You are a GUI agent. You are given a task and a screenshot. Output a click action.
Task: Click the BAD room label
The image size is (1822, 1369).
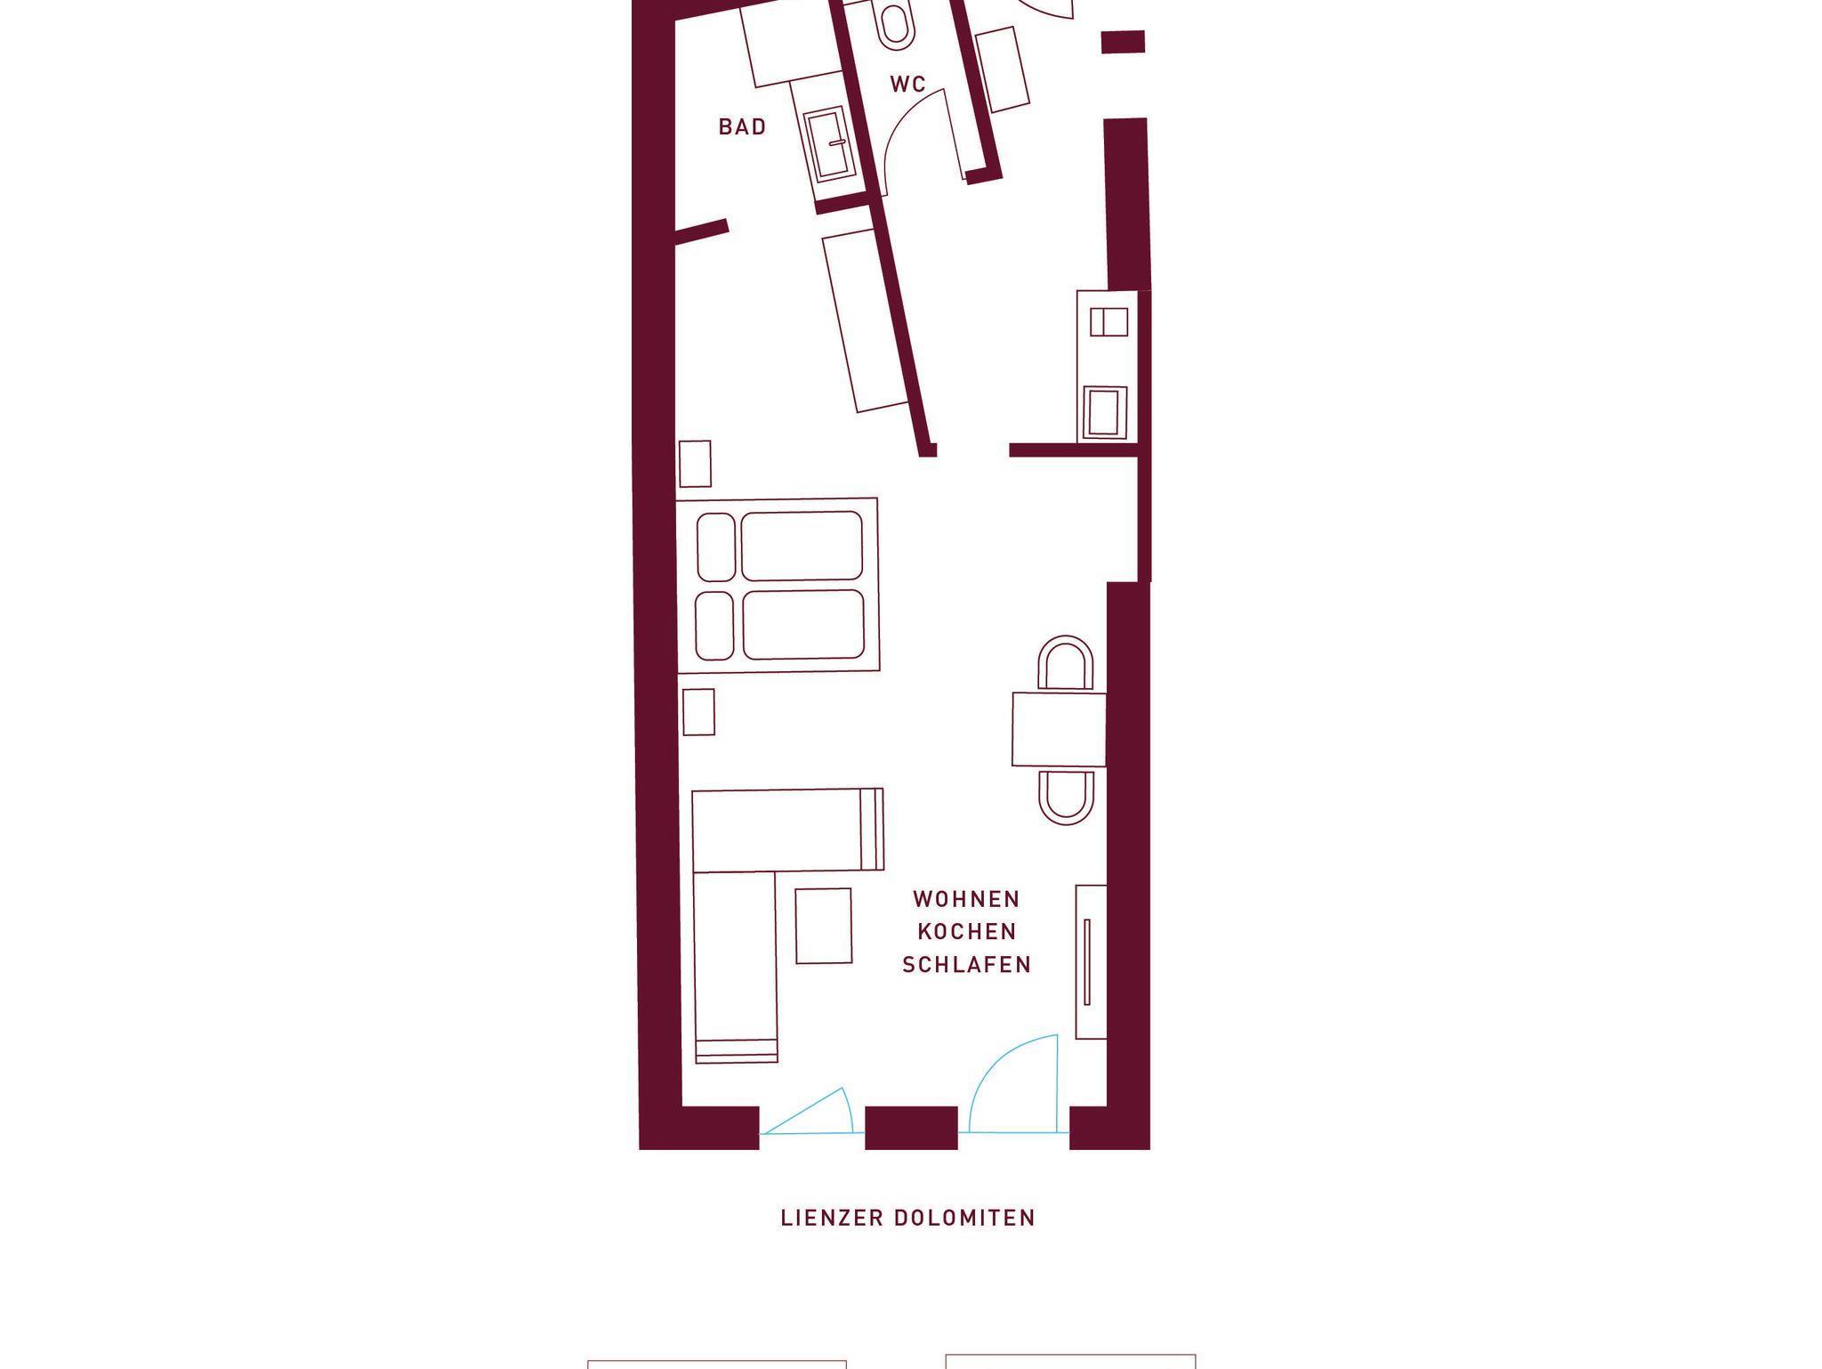click(x=742, y=127)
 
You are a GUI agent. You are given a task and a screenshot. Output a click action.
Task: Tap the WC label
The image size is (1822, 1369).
click(x=907, y=85)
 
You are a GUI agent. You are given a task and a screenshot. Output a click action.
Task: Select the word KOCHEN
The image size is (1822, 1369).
click(x=967, y=932)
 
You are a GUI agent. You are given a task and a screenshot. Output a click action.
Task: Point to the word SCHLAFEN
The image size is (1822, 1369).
click(x=967, y=965)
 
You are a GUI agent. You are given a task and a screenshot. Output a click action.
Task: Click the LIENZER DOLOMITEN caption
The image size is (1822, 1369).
click(x=908, y=1218)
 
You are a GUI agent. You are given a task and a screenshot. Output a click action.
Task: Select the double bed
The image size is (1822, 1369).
click(x=778, y=585)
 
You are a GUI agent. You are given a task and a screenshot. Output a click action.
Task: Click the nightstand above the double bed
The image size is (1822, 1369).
click(x=695, y=464)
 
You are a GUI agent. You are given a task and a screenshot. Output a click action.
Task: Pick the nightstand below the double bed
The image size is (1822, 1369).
click(x=698, y=712)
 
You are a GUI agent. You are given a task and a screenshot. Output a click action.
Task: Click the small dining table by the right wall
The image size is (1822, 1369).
click(x=1059, y=729)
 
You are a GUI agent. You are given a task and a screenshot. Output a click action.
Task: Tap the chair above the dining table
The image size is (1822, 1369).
click(x=1065, y=663)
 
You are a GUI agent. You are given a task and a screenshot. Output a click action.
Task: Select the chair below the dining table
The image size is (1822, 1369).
click(x=1066, y=798)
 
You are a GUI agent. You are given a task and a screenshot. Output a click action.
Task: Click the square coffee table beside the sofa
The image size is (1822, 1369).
click(x=824, y=926)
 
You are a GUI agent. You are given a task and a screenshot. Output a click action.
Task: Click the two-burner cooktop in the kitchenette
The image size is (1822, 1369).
click(x=1109, y=321)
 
